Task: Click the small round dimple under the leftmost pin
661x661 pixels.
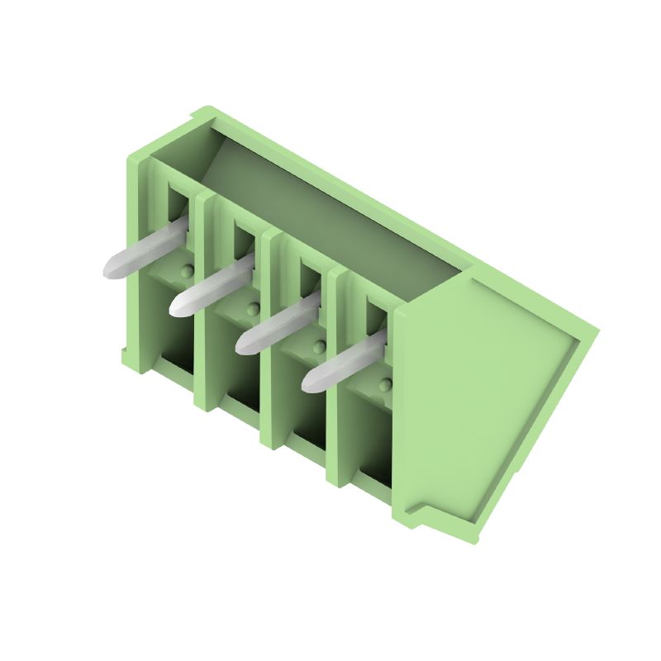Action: click(187, 271)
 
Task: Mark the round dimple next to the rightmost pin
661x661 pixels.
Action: click(385, 384)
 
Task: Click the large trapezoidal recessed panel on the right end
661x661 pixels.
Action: click(487, 397)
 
